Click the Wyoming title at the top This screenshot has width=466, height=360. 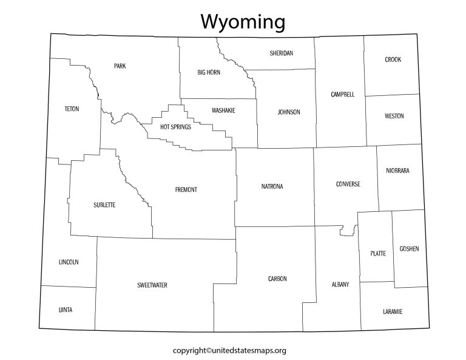point(243,22)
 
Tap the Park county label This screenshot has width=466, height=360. point(120,66)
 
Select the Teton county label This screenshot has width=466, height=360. point(72,109)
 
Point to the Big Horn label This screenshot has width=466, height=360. point(209,72)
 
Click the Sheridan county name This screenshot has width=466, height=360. point(282,53)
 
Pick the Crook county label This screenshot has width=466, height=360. point(393,59)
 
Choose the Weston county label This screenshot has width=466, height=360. point(394,116)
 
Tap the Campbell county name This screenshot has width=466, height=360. point(343,95)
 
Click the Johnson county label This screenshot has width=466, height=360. point(289,112)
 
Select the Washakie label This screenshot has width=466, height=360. point(223,110)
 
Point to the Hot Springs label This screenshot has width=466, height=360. point(175,127)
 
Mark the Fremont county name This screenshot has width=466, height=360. point(186,189)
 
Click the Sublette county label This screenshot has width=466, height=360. point(104,205)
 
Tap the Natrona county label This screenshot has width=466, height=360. point(272,186)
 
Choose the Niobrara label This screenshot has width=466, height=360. point(397,171)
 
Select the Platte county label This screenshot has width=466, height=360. point(377,253)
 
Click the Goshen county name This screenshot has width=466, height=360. point(409,249)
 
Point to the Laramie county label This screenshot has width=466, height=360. point(393,311)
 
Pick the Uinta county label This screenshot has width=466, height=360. point(66,310)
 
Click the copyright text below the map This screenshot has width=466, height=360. point(229,350)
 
